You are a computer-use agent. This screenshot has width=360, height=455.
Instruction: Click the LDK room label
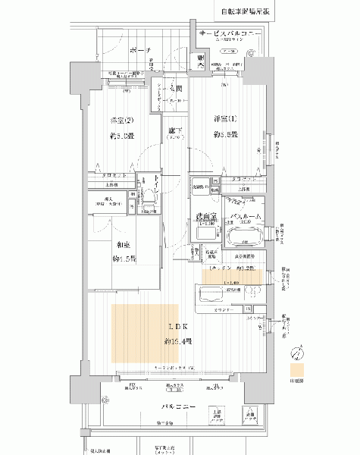(178, 328)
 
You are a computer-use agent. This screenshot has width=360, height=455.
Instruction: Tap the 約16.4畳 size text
(178, 342)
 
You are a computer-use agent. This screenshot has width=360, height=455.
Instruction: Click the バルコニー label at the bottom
(180, 407)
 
